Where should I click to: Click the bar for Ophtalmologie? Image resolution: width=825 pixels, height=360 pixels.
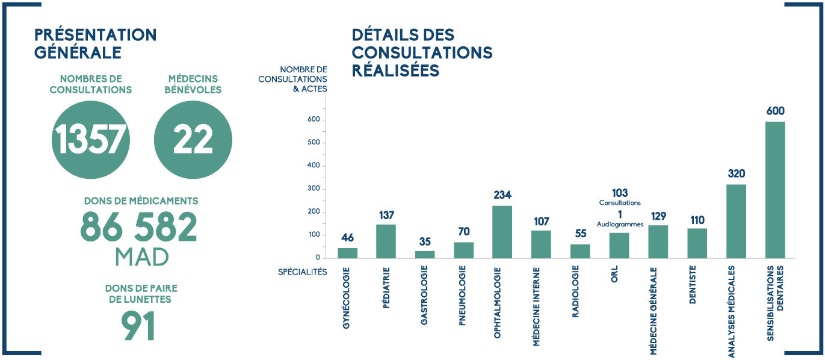click(x=502, y=232)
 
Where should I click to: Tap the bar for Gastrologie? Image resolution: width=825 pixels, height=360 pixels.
click(x=425, y=255)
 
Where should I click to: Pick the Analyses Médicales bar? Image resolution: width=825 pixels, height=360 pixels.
click(x=736, y=221)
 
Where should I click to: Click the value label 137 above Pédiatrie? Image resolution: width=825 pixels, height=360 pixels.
click(x=386, y=215)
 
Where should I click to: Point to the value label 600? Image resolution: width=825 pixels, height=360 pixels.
click(x=776, y=111)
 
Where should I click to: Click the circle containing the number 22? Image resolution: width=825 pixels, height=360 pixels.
click(x=193, y=140)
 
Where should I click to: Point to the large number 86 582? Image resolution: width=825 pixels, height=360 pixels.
click(x=139, y=227)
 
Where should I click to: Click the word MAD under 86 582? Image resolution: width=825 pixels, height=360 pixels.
click(x=141, y=257)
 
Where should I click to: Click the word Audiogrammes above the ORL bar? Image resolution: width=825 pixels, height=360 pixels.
click(x=620, y=224)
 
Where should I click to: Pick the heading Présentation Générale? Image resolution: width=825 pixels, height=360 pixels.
click(x=95, y=43)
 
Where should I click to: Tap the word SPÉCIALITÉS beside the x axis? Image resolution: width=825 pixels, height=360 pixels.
click(x=302, y=272)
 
